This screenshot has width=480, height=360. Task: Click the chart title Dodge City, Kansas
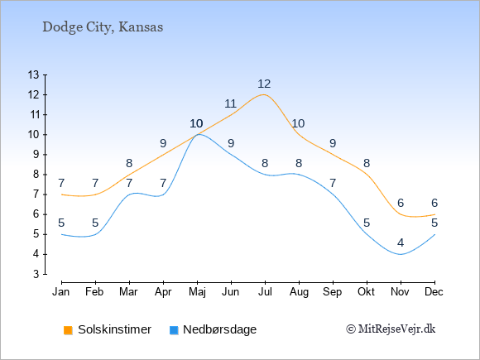pyautogui.click(x=103, y=27)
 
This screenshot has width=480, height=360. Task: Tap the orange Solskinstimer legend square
pyautogui.click(x=68, y=330)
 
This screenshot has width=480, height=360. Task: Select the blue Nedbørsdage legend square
pyautogui.click(x=174, y=330)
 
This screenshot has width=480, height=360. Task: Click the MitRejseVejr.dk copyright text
pyautogui.click(x=391, y=329)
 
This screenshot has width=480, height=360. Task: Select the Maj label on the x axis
pyautogui.click(x=197, y=292)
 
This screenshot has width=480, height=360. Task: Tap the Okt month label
pyautogui.click(x=366, y=292)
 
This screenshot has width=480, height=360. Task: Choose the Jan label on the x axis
pyautogui.click(x=61, y=292)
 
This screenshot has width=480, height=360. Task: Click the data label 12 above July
pyautogui.click(x=264, y=84)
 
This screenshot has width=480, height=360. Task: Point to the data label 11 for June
pyautogui.click(x=231, y=104)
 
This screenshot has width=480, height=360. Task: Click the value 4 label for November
pyautogui.click(x=401, y=243)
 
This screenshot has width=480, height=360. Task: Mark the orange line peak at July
pyautogui.click(x=264, y=94)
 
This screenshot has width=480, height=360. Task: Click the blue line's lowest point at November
pyautogui.click(x=401, y=254)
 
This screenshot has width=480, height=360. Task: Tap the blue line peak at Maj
pyautogui.click(x=198, y=134)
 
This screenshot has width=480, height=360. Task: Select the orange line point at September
pyautogui.click(x=333, y=155)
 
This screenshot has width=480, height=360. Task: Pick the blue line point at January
pyautogui.click(x=62, y=234)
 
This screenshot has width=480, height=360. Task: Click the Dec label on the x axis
pyautogui.click(x=434, y=292)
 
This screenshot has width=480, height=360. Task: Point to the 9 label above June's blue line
pyautogui.click(x=231, y=143)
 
